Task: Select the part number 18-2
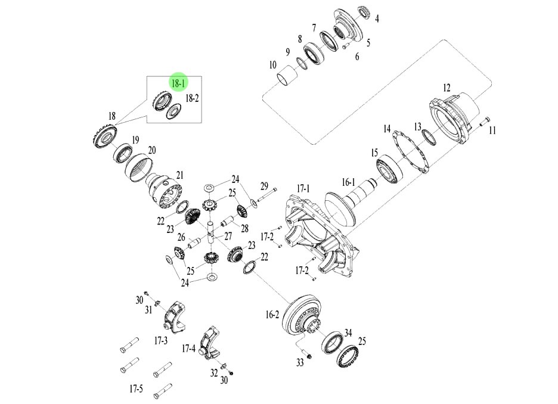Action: click(192, 97)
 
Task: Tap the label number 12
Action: click(447, 88)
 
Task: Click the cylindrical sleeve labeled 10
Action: click(287, 77)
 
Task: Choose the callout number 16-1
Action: click(348, 181)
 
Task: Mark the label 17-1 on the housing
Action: click(304, 188)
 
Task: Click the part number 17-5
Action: click(136, 389)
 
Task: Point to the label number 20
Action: click(152, 150)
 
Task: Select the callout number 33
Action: click(300, 362)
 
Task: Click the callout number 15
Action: click(375, 153)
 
